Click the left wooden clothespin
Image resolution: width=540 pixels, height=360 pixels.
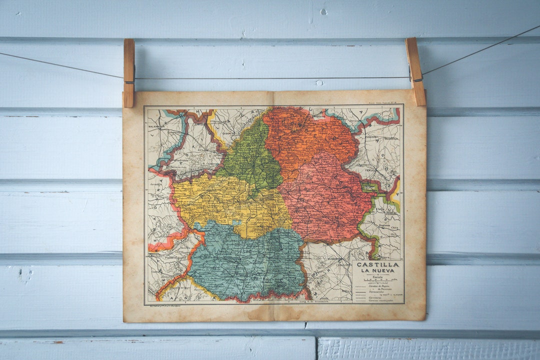pos(128,73)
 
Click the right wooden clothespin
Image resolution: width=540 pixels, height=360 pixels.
pos(415,71)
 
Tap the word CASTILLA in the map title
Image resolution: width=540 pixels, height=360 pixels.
pos(377,264)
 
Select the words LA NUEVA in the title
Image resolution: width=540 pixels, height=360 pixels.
pos(377,270)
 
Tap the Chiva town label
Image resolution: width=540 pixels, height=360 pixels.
pos(395,228)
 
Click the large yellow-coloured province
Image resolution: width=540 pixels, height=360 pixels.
pos(225,202)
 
